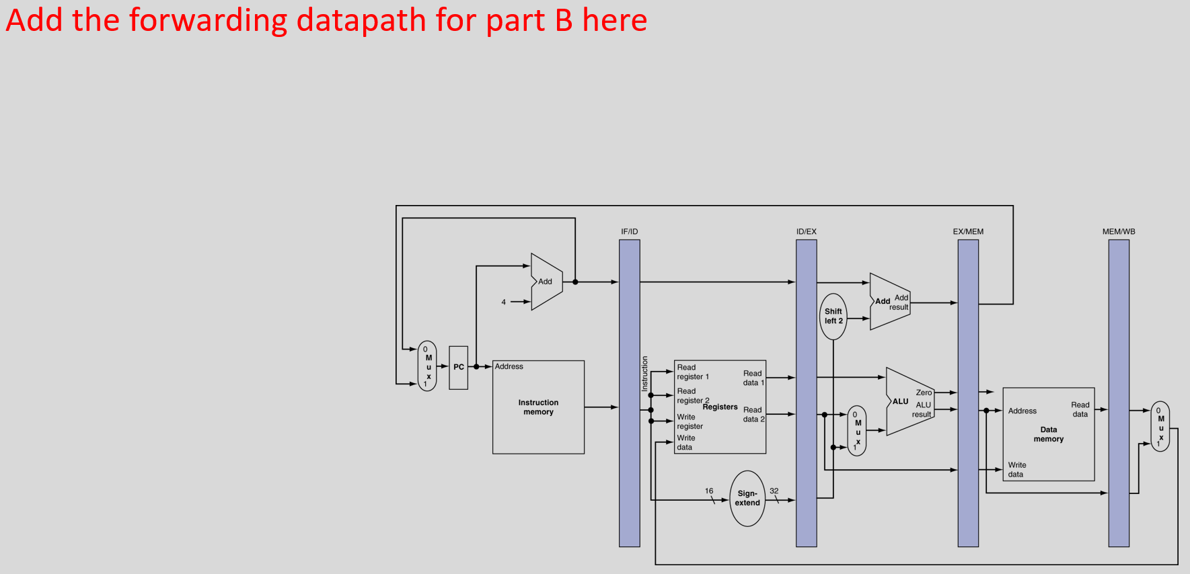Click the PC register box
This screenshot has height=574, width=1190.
pyautogui.click(x=458, y=367)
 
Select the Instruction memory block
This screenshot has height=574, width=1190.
pyautogui.click(x=538, y=407)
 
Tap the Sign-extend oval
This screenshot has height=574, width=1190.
pyautogui.click(x=747, y=498)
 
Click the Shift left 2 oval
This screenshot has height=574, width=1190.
pyautogui.click(x=833, y=316)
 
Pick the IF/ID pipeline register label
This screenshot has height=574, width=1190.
pyautogui.click(x=629, y=231)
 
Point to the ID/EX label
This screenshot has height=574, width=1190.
pyautogui.click(x=806, y=231)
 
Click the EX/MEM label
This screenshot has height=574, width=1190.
pyautogui.click(x=968, y=231)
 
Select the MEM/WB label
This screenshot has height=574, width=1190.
pyautogui.click(x=1119, y=231)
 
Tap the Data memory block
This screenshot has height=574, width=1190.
pyautogui.click(x=1048, y=434)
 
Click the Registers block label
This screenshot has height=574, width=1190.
pyautogui.click(x=720, y=407)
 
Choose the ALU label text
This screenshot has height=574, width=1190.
pyautogui.click(x=900, y=401)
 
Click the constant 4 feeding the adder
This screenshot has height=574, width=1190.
pyautogui.click(x=503, y=302)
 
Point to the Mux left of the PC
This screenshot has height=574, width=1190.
pyautogui.click(x=427, y=366)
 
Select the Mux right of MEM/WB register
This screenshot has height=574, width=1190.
pyautogui.click(x=1160, y=427)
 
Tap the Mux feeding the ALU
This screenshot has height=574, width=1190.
pyautogui.click(x=857, y=431)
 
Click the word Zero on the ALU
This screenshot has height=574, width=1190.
pyautogui.click(x=924, y=393)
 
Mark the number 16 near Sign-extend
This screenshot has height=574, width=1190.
pyautogui.click(x=709, y=491)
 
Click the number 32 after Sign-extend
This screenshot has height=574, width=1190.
pyautogui.click(x=774, y=491)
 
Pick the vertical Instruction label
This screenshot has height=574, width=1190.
pyautogui.click(x=644, y=374)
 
